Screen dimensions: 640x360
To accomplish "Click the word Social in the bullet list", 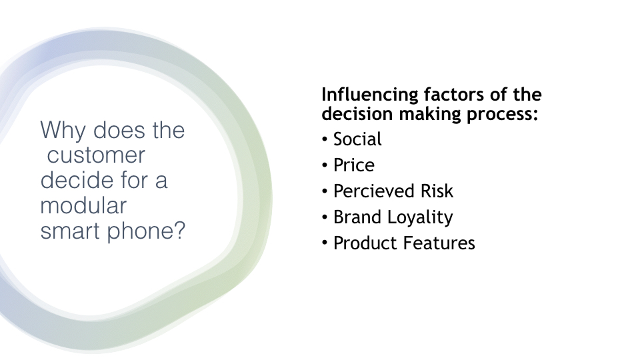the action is click(x=357, y=139).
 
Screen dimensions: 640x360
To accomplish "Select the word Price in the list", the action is click(x=354, y=165).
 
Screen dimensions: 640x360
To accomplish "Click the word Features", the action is click(x=439, y=243).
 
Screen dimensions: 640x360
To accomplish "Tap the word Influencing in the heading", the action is click(x=370, y=95).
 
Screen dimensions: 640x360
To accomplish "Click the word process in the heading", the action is click(x=503, y=115).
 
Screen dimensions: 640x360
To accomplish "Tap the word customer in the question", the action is click(x=96, y=155).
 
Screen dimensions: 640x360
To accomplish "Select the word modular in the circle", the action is click(x=83, y=205).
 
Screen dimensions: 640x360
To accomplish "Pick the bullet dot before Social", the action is click(x=325, y=139).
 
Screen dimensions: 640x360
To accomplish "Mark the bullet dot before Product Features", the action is click(x=325, y=243).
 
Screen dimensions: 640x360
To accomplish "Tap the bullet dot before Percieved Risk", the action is click(x=325, y=191).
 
